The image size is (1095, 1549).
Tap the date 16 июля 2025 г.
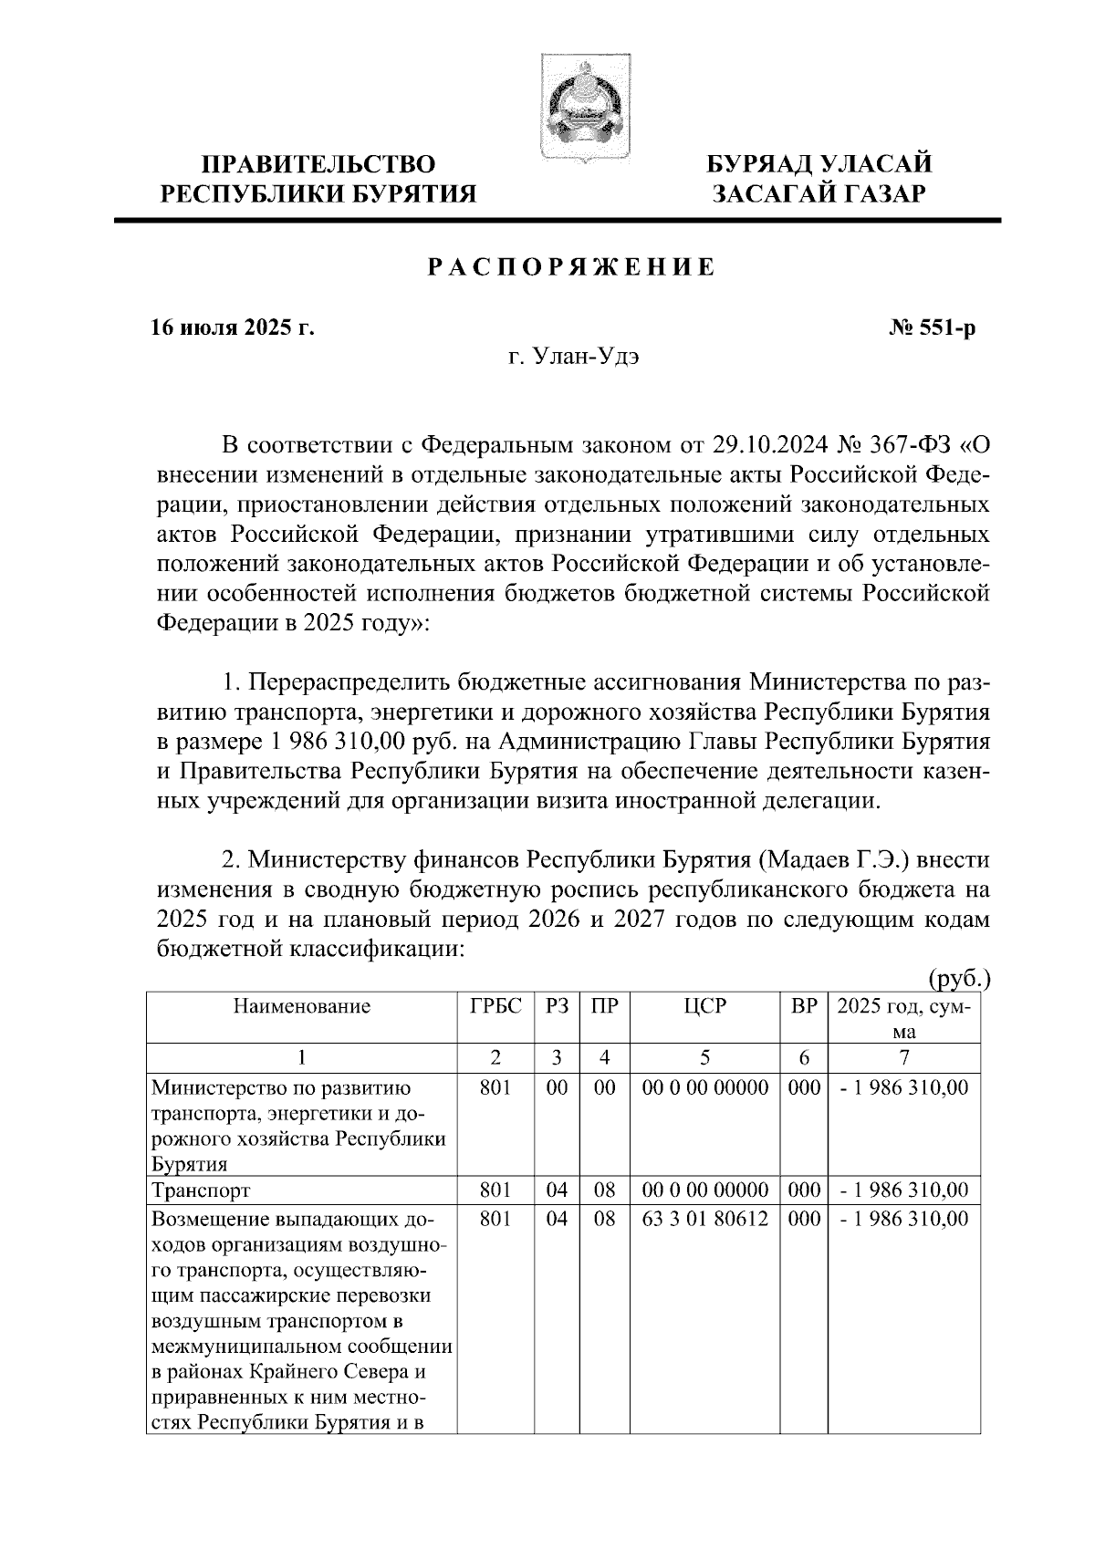[x=232, y=327]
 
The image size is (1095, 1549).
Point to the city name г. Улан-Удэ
[x=573, y=358]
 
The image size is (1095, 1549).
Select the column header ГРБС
[x=495, y=1006]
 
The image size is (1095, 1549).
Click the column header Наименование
[x=302, y=1006]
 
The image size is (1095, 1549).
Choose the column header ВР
[x=803, y=1006]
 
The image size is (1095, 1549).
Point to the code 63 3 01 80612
[x=704, y=1220]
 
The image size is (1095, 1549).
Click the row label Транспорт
[x=201, y=1190]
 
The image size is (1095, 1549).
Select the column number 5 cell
[x=704, y=1057]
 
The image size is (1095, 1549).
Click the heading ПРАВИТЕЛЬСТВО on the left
[x=318, y=165]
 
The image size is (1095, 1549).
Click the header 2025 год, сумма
[x=903, y=1018]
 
